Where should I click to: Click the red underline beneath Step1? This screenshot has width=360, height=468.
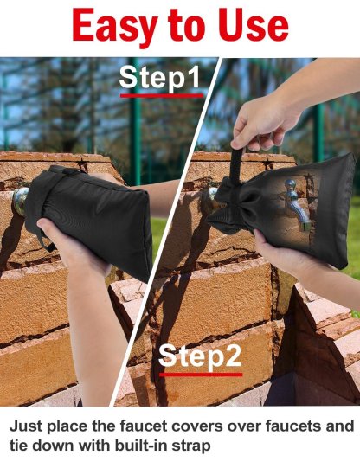(x=160, y=94)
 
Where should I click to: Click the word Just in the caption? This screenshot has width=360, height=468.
(x=27, y=426)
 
